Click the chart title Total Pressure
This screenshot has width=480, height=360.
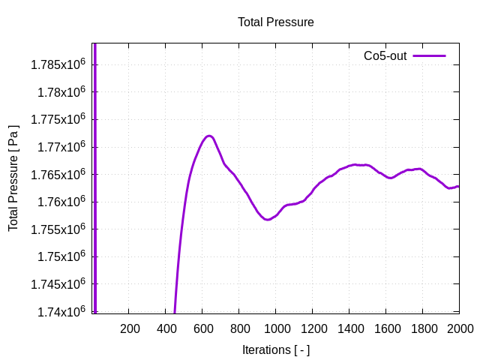point(275,22)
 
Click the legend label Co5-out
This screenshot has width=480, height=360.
point(385,55)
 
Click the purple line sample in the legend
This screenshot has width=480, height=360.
point(429,55)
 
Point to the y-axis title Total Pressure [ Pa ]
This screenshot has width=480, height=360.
point(13,178)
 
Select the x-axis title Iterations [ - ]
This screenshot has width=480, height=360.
point(275,349)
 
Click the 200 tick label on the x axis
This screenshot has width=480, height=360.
point(130,328)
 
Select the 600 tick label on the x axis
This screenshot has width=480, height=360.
point(203,328)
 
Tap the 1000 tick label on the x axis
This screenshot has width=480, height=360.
point(276,328)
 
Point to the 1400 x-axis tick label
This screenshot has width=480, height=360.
point(349,328)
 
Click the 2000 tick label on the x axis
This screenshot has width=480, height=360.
point(460,328)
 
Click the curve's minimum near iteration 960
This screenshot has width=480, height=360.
point(268,219)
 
